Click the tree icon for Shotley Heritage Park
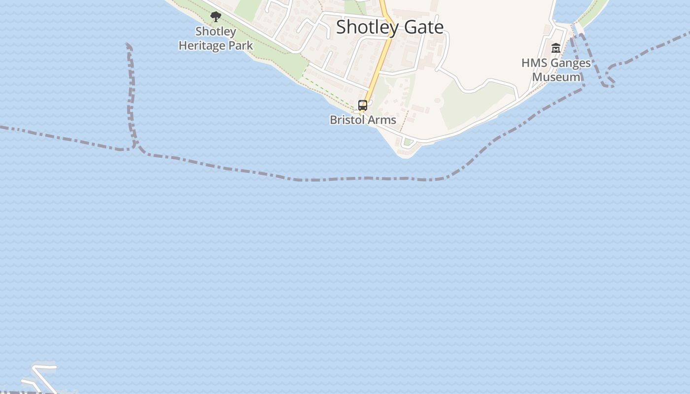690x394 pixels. coord(215,17)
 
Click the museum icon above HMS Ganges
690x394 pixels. coord(556,48)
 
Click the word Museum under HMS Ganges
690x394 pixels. coord(556,77)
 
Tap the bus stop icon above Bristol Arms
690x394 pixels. coord(363,105)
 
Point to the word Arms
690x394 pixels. coord(383,120)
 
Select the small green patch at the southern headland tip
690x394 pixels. coord(407,142)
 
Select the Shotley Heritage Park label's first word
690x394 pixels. coord(216,32)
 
